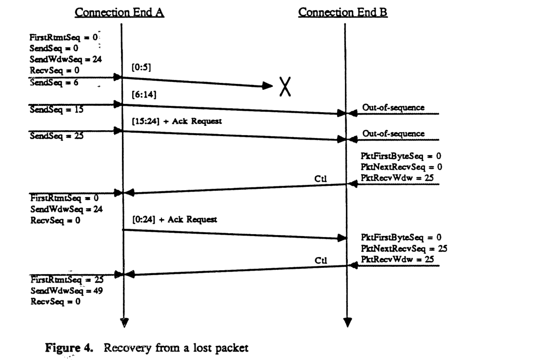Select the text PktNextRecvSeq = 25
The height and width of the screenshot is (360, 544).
click(x=404, y=248)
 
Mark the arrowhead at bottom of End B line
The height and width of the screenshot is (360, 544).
click(x=347, y=322)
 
